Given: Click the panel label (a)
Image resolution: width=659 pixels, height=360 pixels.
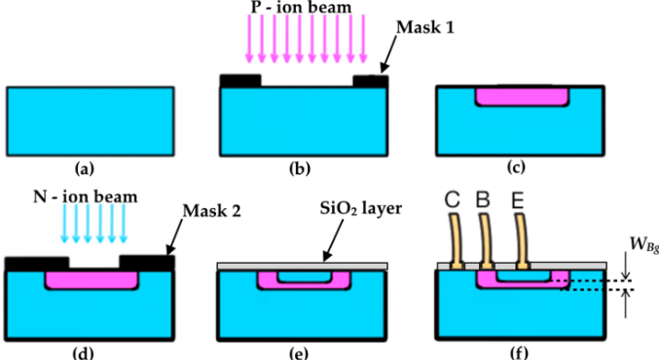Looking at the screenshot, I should pos(90,168).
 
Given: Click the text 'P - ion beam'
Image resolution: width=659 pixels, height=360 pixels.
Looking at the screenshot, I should pos(303,11).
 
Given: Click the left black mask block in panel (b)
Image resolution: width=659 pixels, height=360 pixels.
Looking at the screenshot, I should pos(240,80).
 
